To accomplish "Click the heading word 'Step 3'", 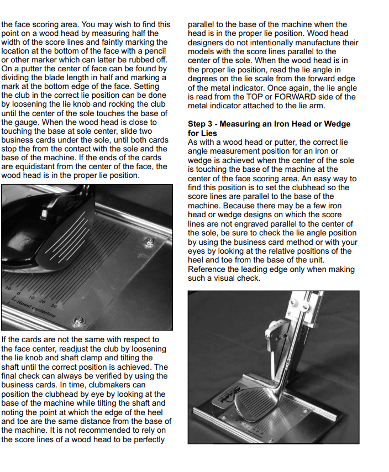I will [202, 124].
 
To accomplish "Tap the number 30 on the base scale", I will [53, 305].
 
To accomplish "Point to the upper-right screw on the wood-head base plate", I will [149, 241].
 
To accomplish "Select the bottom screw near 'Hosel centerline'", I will [81, 319].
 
